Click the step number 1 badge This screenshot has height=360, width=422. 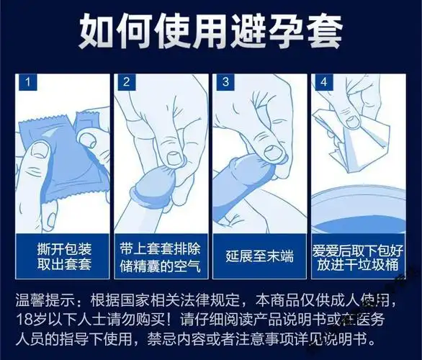click(x=28, y=81)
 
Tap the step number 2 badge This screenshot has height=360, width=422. click(x=125, y=81)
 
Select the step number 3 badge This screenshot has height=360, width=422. click(x=224, y=81)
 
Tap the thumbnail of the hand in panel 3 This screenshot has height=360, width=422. click(x=271, y=152)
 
